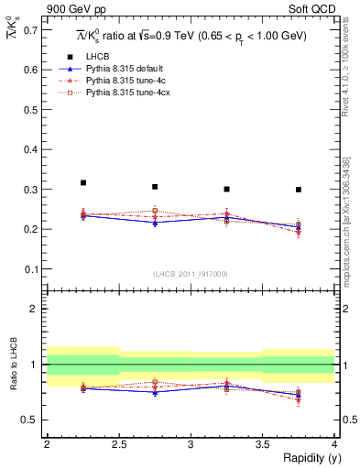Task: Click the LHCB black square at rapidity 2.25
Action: coord(83,183)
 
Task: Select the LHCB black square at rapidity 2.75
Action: coord(155,187)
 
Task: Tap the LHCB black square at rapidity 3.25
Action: coord(226,189)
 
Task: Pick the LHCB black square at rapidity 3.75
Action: coord(298,190)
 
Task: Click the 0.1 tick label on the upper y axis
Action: coord(34,269)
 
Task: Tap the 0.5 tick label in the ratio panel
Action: coord(34,420)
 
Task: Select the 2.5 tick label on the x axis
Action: coord(118,444)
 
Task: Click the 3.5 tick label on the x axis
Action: coord(262,444)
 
